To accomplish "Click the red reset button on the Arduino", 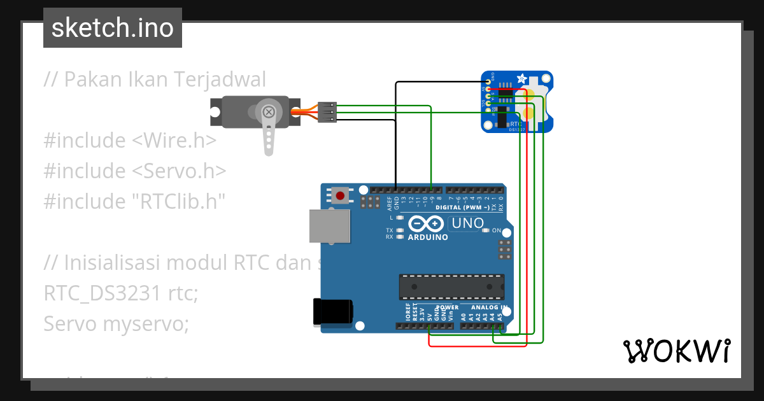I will tap(341, 195).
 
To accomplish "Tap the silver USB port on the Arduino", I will tap(329, 226).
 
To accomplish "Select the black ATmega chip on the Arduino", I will tap(451, 286).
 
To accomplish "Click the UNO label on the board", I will tap(467, 223).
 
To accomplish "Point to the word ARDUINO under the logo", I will tap(427, 237).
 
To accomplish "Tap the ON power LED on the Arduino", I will tap(486, 230).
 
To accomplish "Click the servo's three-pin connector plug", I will tap(327, 111).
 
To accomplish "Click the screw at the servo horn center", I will tap(269, 113).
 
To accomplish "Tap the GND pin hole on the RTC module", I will tap(488, 82).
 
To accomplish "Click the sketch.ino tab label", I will tap(113, 28).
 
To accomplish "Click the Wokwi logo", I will tap(676, 351).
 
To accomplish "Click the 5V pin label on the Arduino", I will tap(430, 315).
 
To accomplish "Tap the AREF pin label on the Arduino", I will tap(389, 203).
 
